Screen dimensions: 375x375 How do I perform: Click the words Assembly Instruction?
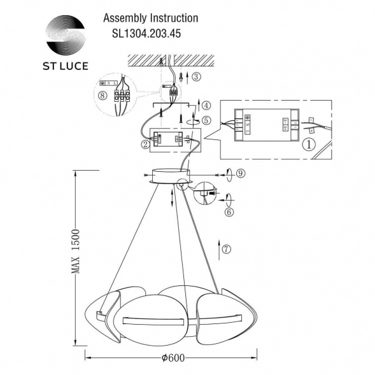[150, 19]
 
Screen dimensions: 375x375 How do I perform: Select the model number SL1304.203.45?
[142, 36]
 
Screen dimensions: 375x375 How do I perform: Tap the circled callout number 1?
[309, 145]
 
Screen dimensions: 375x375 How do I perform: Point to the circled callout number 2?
[146, 145]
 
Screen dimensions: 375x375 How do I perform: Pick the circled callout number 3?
[196, 78]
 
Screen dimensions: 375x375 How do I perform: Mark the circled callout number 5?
[205, 120]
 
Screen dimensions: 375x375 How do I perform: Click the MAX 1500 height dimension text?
[75, 251]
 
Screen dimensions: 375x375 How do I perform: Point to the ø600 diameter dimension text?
[173, 358]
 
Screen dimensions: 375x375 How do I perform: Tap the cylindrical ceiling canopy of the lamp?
[169, 175]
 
